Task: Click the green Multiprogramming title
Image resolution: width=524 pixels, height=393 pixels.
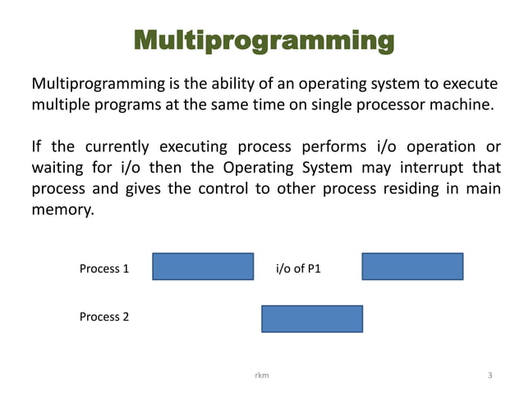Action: [x=262, y=40]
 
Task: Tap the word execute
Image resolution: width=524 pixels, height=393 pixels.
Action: [x=471, y=85]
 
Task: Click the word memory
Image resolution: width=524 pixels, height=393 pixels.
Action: [x=62, y=210]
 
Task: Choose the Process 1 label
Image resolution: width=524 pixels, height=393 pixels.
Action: [x=103, y=268]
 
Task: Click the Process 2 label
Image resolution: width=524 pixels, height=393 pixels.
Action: [x=103, y=317]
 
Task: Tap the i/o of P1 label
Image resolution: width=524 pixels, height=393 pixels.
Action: [x=299, y=268]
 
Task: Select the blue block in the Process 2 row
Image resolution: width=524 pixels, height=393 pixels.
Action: [x=312, y=318]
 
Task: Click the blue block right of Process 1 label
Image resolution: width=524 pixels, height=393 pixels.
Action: [x=203, y=266]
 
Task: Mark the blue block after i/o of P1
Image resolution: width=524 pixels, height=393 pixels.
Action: [x=412, y=266]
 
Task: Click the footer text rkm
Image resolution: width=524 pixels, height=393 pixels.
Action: [x=262, y=375]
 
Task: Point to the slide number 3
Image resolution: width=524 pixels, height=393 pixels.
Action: [x=490, y=375]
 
